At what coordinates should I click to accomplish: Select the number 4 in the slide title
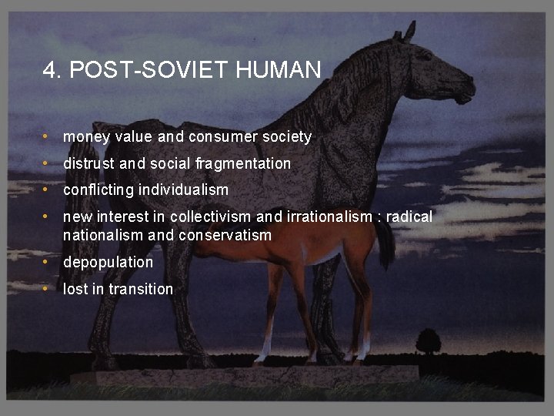(49, 71)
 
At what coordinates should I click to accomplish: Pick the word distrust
(88, 163)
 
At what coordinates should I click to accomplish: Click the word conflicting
(98, 190)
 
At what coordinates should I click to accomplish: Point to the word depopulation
(108, 263)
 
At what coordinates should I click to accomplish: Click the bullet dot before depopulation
(47, 262)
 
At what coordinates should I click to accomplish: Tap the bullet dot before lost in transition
(47, 289)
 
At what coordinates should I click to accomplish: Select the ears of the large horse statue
(405, 32)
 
